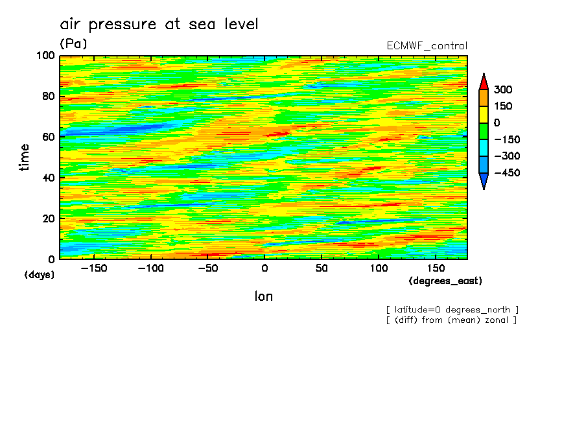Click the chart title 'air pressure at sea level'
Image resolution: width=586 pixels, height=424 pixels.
click(159, 25)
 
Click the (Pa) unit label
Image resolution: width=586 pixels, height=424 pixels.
click(73, 44)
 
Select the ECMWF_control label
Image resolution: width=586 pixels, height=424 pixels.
click(427, 46)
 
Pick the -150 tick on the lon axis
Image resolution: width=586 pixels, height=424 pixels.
click(93, 268)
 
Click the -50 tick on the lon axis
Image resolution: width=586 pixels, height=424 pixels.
click(207, 268)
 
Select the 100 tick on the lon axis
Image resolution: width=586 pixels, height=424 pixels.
click(379, 268)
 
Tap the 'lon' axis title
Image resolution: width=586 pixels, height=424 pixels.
click(263, 296)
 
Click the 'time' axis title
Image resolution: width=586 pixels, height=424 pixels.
click(25, 157)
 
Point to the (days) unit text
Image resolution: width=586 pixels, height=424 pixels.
click(40, 275)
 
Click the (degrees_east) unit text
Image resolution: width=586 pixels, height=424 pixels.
click(445, 281)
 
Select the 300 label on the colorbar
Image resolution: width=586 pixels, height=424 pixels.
click(502, 89)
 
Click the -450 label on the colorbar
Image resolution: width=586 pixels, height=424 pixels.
click(507, 173)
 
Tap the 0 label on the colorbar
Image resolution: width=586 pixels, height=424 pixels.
click(497, 123)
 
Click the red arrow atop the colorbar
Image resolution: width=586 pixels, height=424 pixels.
click(483, 81)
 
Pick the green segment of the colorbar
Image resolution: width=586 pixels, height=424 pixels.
click(483, 131)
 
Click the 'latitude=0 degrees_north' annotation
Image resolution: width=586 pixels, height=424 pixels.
click(452, 310)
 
